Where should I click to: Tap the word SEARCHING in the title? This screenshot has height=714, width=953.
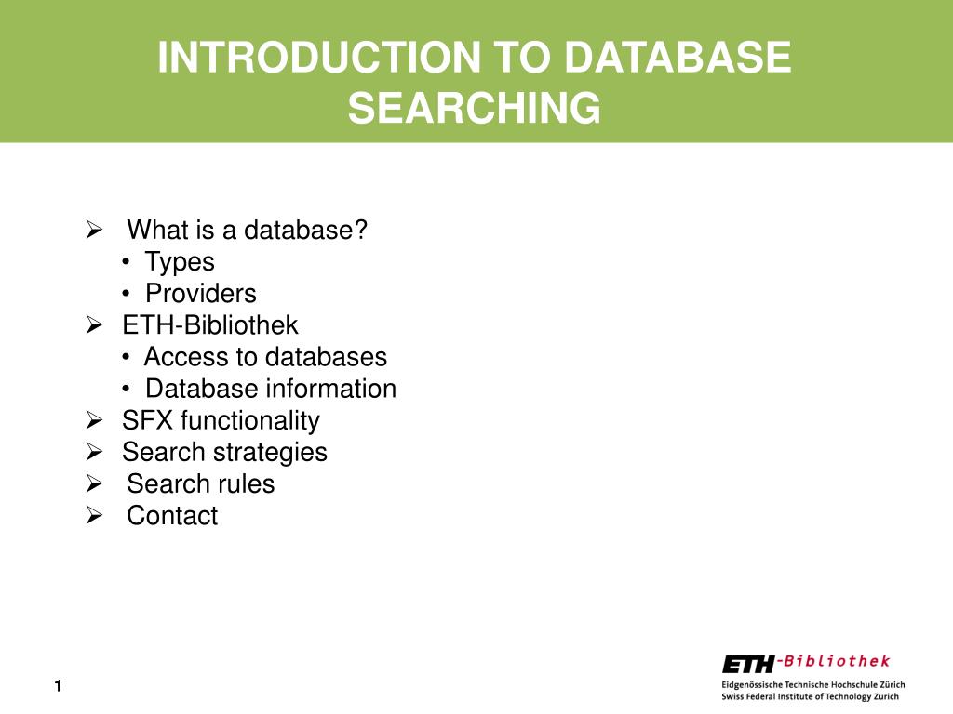[x=475, y=108]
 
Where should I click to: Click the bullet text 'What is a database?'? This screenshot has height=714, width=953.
[x=248, y=230]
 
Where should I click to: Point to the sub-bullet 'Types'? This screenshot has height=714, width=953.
[x=180, y=261]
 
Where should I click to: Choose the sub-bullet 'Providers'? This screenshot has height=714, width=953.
[x=200, y=293]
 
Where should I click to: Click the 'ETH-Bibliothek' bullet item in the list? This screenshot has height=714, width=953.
[x=210, y=324]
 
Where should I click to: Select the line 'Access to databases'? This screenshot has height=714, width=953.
[x=265, y=356]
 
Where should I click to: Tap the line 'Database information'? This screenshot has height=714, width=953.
[x=271, y=388]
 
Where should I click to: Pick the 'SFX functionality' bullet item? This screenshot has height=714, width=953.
[x=221, y=420]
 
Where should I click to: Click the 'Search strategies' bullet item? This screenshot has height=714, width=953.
[x=224, y=452]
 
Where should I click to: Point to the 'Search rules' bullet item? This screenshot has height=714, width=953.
[x=201, y=483]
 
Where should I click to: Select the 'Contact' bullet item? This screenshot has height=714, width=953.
[x=172, y=515]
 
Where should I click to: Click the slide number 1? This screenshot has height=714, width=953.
[x=58, y=686]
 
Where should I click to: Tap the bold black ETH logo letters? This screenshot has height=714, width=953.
[x=747, y=664]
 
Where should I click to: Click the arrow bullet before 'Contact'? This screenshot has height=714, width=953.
[x=93, y=515]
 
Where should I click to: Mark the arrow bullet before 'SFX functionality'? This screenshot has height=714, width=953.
[x=93, y=420]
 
